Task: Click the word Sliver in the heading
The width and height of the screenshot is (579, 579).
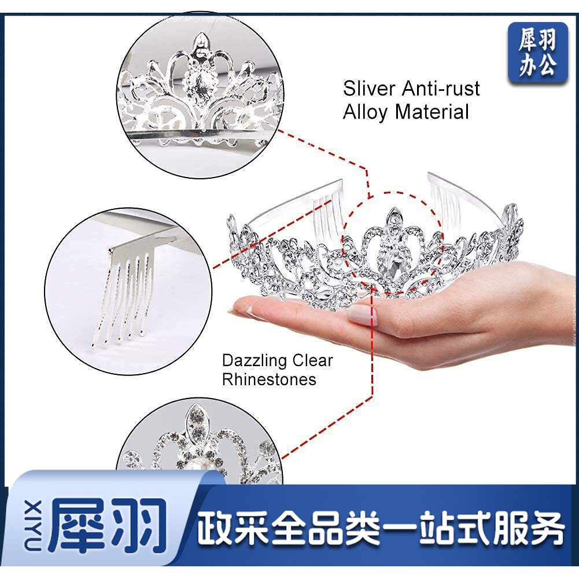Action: (x=369, y=88)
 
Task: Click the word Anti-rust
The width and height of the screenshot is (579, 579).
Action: (x=441, y=88)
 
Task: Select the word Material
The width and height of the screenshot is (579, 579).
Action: (x=432, y=112)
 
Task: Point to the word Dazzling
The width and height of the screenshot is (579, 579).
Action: (x=254, y=361)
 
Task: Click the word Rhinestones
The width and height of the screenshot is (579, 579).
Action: (x=269, y=379)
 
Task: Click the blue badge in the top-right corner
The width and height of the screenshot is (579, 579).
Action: (x=538, y=53)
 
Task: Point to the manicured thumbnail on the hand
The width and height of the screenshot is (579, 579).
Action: (x=362, y=315)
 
